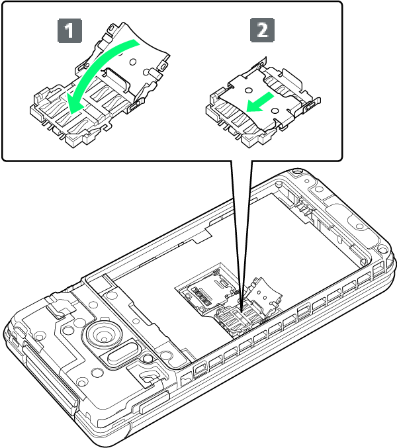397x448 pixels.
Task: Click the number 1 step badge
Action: tap(69, 30)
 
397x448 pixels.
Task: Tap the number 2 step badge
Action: tap(262, 30)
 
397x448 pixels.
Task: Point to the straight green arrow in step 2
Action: tap(259, 103)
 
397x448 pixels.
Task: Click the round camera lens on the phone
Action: tap(103, 334)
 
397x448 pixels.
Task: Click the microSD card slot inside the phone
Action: tap(206, 289)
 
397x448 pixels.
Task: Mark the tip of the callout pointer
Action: tap(242, 312)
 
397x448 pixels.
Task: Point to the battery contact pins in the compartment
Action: tap(305, 208)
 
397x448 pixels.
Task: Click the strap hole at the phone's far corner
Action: tap(297, 172)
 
